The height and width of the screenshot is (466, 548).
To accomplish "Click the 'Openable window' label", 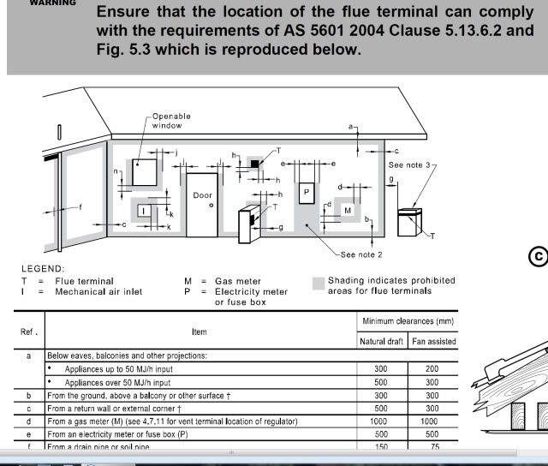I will click(x=171, y=121).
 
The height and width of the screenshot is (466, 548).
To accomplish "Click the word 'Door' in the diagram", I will click(x=202, y=195).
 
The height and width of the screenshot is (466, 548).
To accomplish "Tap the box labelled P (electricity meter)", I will click(x=306, y=193).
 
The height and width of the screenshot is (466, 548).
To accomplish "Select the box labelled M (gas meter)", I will click(x=348, y=210).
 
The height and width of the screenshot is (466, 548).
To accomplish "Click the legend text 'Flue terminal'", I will click(x=84, y=281).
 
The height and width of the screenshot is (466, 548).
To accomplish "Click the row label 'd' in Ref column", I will click(x=30, y=421).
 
